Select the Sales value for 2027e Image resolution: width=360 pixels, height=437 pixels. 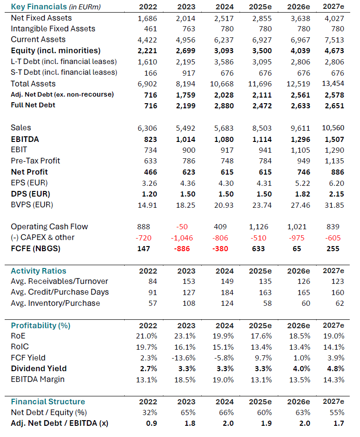333,128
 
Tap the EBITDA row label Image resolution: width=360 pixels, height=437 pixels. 25,139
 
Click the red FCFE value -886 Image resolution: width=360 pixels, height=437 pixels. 182,248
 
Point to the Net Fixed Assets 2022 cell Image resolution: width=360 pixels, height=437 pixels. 148,18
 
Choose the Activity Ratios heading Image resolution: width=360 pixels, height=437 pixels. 38,271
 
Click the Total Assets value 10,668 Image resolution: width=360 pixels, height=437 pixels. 222,84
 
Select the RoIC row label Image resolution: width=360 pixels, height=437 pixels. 20,346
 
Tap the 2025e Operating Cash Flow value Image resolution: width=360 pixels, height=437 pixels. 259,227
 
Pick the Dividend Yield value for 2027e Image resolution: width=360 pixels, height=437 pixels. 336,369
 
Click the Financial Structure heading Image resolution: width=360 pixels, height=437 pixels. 48,402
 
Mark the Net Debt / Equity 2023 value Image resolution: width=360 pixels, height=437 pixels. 188,412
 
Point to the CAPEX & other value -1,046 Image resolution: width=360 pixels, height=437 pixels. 182,238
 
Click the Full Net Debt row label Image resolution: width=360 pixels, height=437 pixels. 33,105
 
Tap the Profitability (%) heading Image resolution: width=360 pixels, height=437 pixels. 41,325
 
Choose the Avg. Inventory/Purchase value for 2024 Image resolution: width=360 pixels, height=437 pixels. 227,303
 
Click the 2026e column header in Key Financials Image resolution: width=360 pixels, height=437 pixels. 299,7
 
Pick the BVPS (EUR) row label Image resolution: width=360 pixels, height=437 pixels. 32,205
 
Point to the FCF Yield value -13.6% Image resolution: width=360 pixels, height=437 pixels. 184,358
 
